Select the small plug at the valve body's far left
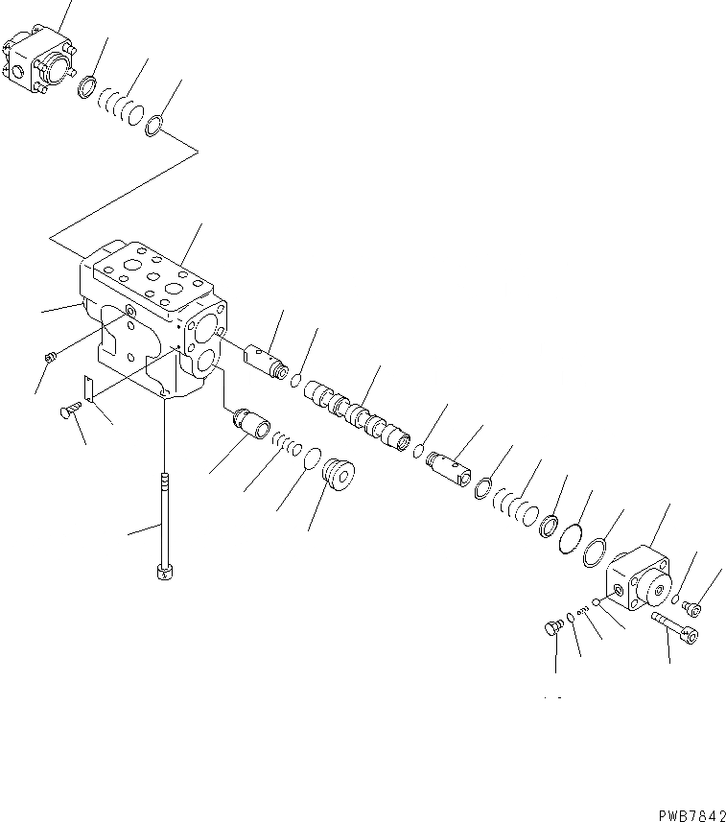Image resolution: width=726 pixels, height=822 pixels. click(x=52, y=358)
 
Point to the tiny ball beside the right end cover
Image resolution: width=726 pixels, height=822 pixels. click(x=596, y=602)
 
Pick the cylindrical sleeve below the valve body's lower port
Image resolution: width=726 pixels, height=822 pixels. click(x=250, y=421)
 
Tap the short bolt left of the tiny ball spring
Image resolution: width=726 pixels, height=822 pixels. click(x=552, y=628)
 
